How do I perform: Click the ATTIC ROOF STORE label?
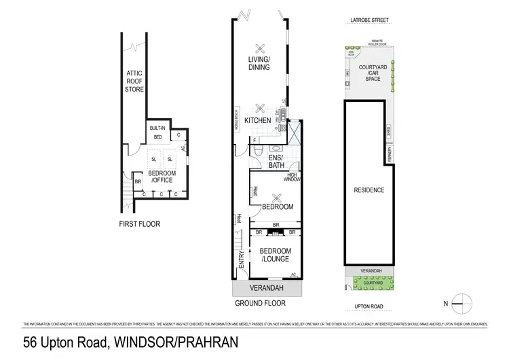click(134, 82)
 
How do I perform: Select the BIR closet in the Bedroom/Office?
click(137, 182)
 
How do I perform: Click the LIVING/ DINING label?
click(259, 63)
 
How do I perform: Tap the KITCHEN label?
click(258, 121)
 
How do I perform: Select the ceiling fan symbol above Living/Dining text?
click(259, 48)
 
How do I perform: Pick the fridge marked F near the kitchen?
click(254, 141)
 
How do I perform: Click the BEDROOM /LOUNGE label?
click(275, 255)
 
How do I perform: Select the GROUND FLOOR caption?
click(259, 303)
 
